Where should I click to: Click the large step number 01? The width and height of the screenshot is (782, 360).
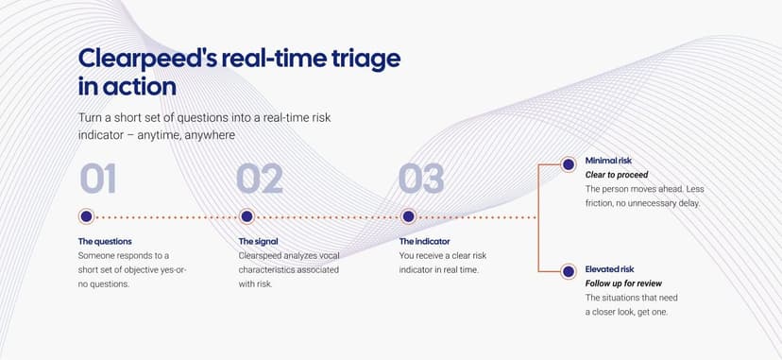tap(98, 179)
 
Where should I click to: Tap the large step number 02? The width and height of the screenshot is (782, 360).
tap(260, 179)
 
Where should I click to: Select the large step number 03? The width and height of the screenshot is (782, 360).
tap(421, 179)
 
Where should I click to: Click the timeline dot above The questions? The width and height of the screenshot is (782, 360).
tap(86, 216)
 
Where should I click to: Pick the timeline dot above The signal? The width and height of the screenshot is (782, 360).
tap(246, 216)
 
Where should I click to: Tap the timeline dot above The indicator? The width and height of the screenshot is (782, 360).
tap(408, 216)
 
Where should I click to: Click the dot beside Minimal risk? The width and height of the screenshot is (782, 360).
tap(568, 164)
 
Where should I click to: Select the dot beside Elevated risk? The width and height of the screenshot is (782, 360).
tap(568, 272)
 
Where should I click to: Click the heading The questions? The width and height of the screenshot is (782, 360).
tap(105, 241)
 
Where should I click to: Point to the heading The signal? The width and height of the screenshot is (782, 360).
tap(259, 241)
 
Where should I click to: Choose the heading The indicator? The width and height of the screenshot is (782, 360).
tap(424, 241)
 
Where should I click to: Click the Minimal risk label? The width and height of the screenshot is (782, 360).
tap(608, 161)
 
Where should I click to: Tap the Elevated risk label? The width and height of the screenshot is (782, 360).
tap(610, 269)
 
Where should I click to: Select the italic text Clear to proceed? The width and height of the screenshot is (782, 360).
tap(617, 175)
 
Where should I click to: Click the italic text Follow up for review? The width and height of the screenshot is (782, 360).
tap(624, 283)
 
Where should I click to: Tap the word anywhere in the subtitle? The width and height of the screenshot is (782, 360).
tap(210, 135)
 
